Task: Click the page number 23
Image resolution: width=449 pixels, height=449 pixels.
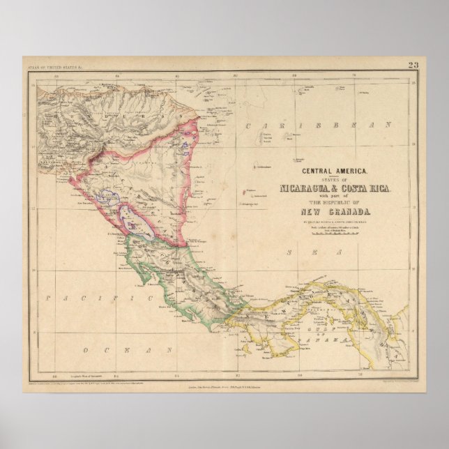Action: tap(413, 66)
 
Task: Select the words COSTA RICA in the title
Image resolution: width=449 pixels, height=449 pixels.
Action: tap(370, 189)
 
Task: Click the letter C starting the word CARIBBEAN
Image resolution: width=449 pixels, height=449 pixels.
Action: tap(249, 125)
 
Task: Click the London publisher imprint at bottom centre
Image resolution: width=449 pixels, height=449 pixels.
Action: tap(223, 383)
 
